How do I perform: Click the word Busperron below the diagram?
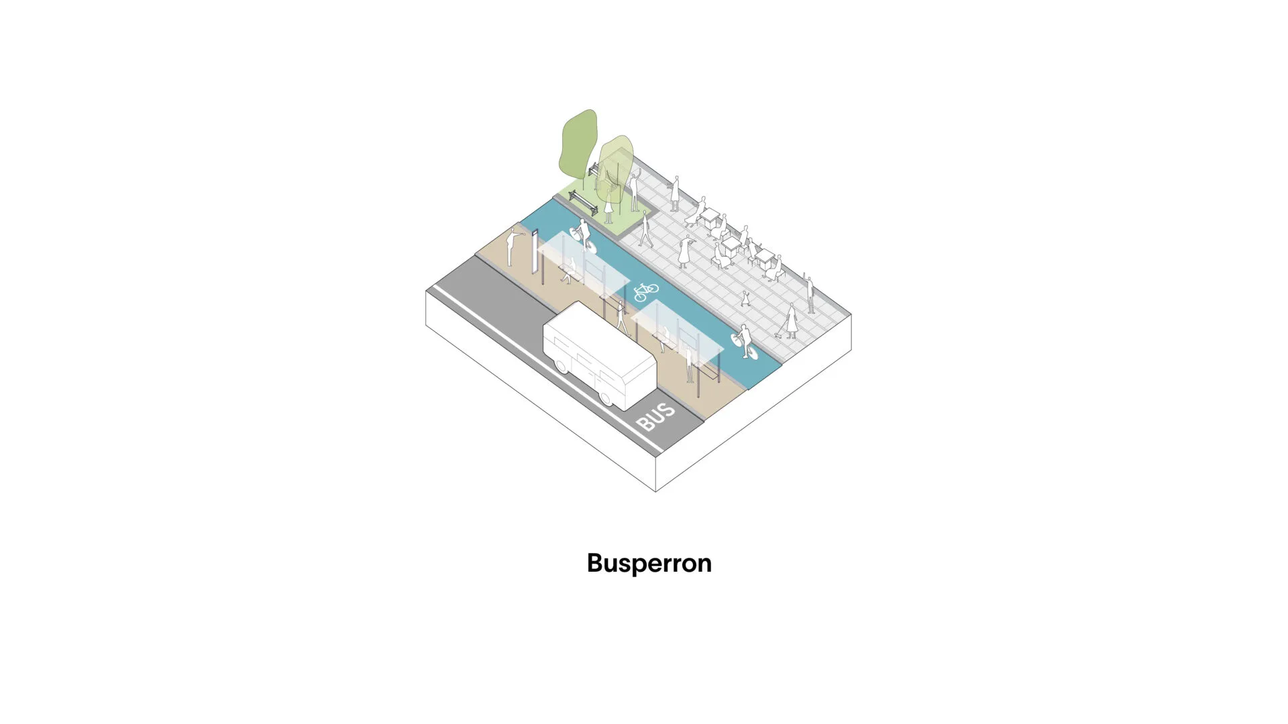649,563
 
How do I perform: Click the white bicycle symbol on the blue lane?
646,292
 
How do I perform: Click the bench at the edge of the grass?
583,202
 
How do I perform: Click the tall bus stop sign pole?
535,252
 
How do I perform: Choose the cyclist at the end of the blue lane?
745,341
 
